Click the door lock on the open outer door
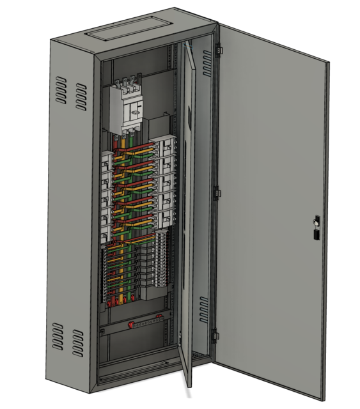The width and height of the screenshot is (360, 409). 315,228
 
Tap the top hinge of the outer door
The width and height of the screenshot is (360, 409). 218,49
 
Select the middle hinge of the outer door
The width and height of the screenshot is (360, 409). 217,192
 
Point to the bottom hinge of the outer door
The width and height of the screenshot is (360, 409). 215,334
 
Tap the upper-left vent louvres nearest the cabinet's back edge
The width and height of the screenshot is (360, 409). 59,91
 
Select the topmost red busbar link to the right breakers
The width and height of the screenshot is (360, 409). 144,146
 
